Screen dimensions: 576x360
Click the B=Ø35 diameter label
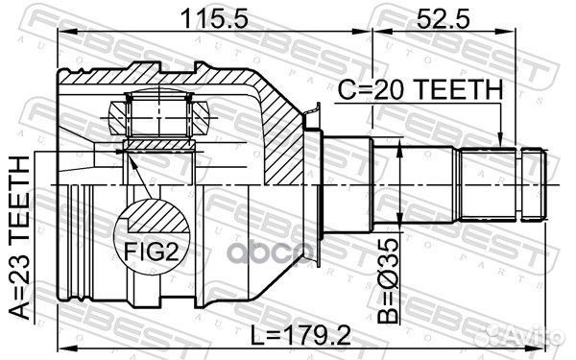point(388,280)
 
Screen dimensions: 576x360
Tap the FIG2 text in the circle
point(152,252)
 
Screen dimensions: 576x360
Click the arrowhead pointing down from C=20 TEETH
point(500,142)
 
